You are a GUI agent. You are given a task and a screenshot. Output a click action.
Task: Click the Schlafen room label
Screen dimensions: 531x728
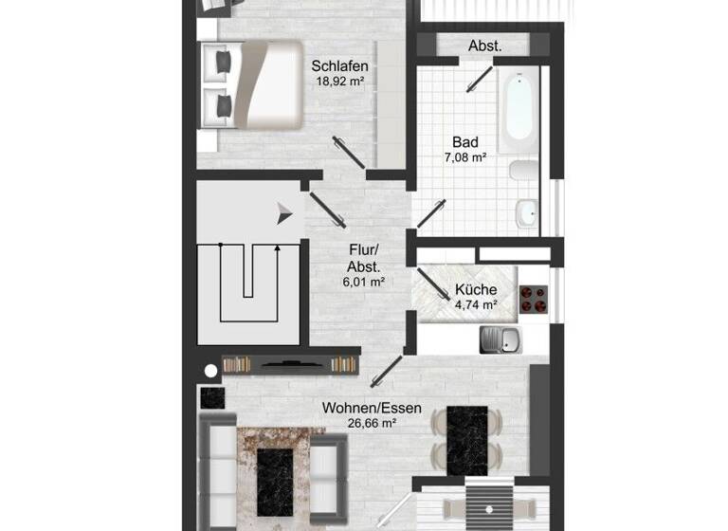[x=339, y=66]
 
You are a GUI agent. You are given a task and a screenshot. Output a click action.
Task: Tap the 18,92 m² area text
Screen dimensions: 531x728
[x=339, y=82]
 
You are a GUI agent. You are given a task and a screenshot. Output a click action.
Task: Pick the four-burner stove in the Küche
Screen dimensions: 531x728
[x=533, y=298]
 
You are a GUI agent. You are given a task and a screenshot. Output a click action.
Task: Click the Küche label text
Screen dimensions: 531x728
[x=475, y=290]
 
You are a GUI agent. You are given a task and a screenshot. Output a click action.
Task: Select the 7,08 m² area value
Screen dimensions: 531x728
[x=466, y=157]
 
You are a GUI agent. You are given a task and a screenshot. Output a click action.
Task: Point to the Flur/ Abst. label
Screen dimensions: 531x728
[x=363, y=259]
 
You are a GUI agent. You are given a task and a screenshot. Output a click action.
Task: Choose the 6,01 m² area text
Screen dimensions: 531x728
[x=363, y=282]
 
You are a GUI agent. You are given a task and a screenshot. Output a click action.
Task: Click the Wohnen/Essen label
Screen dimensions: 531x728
[x=358, y=408]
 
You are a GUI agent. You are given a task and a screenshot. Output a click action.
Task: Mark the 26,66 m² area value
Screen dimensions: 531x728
[x=358, y=424]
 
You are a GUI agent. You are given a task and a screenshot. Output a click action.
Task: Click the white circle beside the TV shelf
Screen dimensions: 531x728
[x=211, y=371]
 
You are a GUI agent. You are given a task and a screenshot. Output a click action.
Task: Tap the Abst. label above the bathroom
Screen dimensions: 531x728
[x=484, y=46]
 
